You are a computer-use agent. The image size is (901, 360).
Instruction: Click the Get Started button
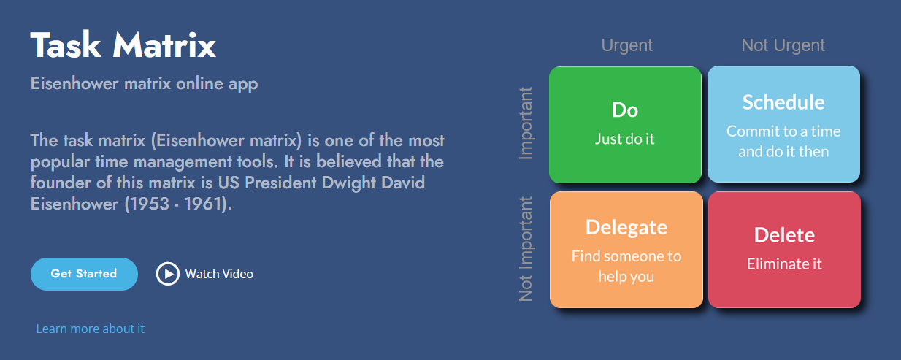[x=84, y=274]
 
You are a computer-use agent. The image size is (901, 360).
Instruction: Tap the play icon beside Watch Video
[x=167, y=274]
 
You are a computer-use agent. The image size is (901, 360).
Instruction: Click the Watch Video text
[x=219, y=274]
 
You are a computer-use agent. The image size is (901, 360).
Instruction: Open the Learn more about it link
[x=90, y=329]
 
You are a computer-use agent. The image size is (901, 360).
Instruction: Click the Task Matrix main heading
[x=123, y=45]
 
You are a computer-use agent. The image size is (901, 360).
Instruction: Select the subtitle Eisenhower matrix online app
[x=144, y=83]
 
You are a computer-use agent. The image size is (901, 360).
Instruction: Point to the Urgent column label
[x=626, y=45]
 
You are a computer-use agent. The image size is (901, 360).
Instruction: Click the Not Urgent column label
[x=783, y=45]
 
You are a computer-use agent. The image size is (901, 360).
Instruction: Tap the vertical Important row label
[x=526, y=123]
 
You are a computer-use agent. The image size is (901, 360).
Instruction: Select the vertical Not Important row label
[x=526, y=248]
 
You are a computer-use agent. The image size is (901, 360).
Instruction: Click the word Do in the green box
[x=625, y=110]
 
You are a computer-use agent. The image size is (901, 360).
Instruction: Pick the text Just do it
[x=625, y=139]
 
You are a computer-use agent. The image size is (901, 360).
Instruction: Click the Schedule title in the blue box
[x=783, y=102]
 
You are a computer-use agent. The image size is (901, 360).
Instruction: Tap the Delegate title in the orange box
[x=626, y=227]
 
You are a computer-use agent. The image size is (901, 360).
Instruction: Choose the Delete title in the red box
[x=784, y=235]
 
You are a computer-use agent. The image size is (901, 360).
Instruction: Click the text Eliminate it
[x=784, y=264]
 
